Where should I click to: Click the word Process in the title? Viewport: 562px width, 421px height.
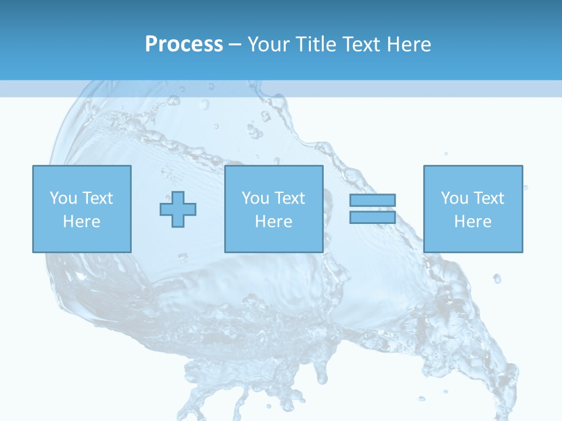[184, 44]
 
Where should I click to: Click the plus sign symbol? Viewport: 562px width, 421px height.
[178, 209]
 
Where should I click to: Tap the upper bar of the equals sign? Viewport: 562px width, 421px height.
[372, 200]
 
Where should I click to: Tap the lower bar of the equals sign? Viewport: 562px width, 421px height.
[372, 217]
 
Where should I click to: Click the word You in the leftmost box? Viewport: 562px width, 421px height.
[63, 198]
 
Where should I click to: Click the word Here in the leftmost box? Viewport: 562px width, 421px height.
[81, 222]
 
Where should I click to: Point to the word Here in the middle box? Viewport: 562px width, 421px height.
[273, 222]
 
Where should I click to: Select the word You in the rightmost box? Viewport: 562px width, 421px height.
[454, 198]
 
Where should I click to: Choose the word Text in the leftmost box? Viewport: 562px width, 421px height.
[97, 198]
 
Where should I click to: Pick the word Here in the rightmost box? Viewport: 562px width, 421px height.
[472, 222]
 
